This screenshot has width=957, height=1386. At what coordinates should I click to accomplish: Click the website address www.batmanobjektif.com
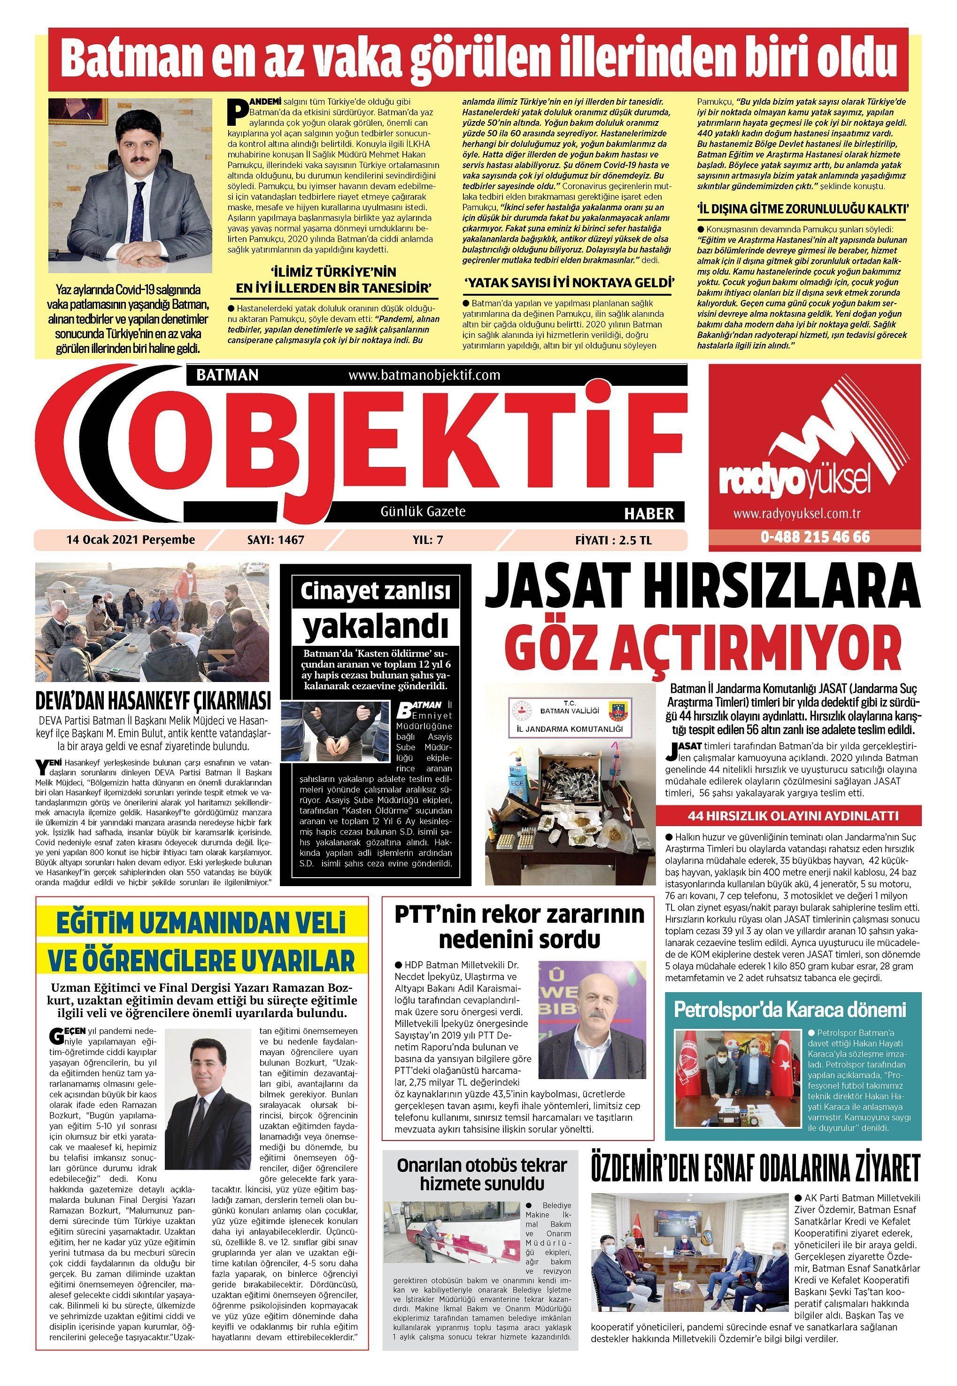point(424,375)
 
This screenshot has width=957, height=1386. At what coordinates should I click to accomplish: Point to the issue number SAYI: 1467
point(276,539)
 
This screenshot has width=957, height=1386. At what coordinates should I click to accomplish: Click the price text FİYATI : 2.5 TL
point(613,539)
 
